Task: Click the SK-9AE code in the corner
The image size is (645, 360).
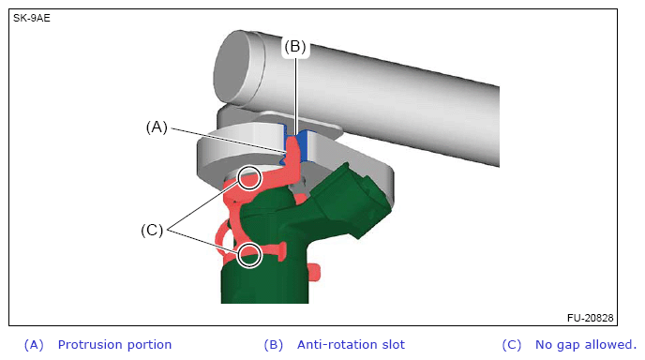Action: coord(32,19)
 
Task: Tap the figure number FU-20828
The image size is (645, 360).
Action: coord(590,318)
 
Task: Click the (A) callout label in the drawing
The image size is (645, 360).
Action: coord(157,127)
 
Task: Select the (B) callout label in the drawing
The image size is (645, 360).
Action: coord(295,47)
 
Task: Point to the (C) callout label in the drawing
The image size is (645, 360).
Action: coord(152,230)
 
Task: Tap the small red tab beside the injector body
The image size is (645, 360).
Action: coord(314,273)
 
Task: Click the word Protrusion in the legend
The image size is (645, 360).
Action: coord(91,344)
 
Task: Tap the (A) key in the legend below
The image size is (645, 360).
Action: coord(34,345)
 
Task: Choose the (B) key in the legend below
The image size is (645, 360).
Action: coord(273,345)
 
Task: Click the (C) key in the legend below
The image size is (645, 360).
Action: coord(512,345)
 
